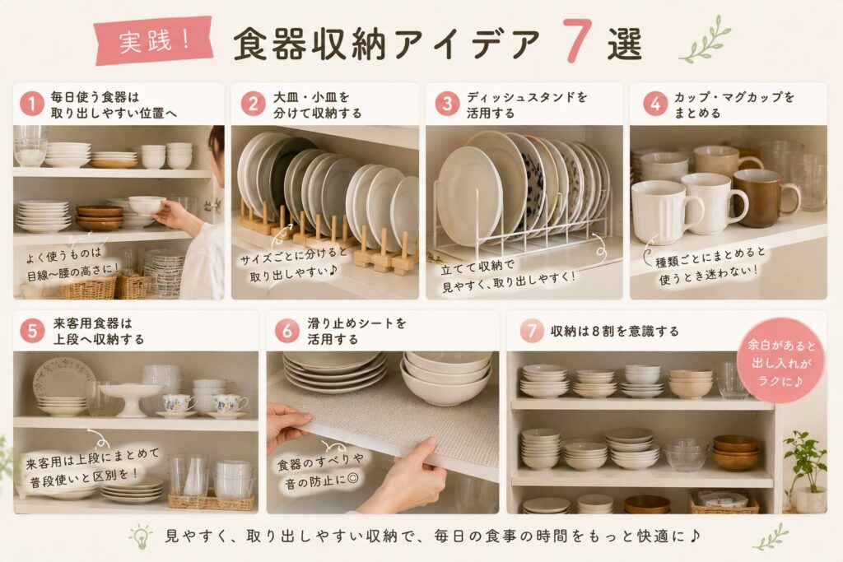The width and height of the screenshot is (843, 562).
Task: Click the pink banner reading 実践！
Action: click(x=153, y=41)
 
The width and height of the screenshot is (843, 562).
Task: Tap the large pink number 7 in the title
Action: click(x=577, y=41)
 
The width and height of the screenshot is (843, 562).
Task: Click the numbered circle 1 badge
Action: click(x=32, y=104)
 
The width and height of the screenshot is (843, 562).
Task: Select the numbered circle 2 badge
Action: click(x=253, y=104)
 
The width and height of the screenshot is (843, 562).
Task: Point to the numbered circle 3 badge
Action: click(x=447, y=104)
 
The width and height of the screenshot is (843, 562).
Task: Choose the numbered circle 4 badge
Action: click(x=654, y=104)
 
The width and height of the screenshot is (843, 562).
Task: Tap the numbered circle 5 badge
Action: click(x=32, y=331)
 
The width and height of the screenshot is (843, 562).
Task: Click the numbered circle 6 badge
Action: click(x=287, y=331)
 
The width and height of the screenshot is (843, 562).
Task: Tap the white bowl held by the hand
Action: click(x=147, y=205)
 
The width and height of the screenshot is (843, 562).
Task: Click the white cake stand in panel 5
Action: click(x=132, y=400)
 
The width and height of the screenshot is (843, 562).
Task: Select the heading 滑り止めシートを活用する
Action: click(x=357, y=331)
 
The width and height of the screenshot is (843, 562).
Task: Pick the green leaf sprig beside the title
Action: click(x=705, y=39)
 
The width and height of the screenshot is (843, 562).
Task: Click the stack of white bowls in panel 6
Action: click(x=445, y=378)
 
